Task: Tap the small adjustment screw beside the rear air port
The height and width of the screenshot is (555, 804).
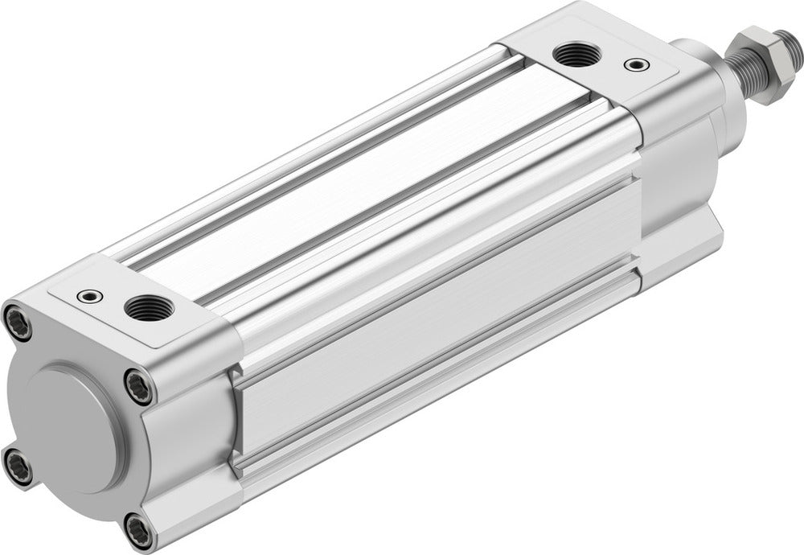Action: [x=90, y=297]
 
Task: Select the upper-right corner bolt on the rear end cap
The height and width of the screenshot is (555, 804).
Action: [x=137, y=385]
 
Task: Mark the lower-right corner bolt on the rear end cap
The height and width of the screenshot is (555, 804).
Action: [x=137, y=530]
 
